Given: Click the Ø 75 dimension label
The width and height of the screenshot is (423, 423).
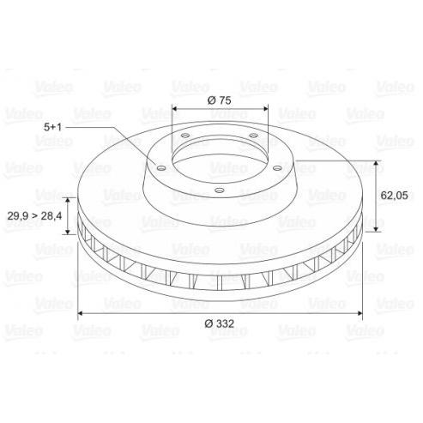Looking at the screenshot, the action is [x=219, y=100].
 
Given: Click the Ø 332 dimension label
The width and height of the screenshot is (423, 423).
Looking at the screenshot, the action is [x=220, y=323].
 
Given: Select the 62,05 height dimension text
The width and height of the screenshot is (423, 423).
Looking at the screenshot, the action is [x=394, y=196].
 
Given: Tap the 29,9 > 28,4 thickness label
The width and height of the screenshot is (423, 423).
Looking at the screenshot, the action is [x=34, y=216].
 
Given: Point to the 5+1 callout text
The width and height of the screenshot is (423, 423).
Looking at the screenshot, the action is [x=52, y=127].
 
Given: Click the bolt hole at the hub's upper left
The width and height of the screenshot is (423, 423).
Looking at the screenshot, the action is [x=185, y=136].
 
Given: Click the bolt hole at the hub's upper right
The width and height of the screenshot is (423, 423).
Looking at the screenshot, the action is [x=253, y=136].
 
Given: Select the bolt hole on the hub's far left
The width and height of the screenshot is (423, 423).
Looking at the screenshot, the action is [x=161, y=168].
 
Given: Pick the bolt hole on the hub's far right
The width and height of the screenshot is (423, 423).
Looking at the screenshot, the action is [x=277, y=168].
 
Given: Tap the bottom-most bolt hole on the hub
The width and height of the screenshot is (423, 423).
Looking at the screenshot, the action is [x=220, y=190].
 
